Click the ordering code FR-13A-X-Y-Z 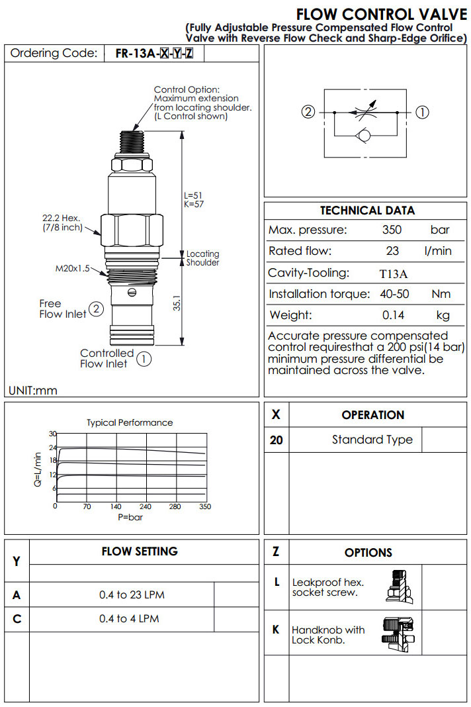click(154, 54)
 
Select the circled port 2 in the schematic click(308, 112)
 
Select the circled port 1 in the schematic click(421, 112)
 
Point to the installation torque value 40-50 click(395, 294)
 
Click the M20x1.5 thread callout click(73, 269)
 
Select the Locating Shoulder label click(202, 258)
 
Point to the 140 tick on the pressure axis click(116, 506)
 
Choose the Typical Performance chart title click(130, 422)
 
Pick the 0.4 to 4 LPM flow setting click(129, 619)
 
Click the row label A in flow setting click(17, 595)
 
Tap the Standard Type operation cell click(372, 440)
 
